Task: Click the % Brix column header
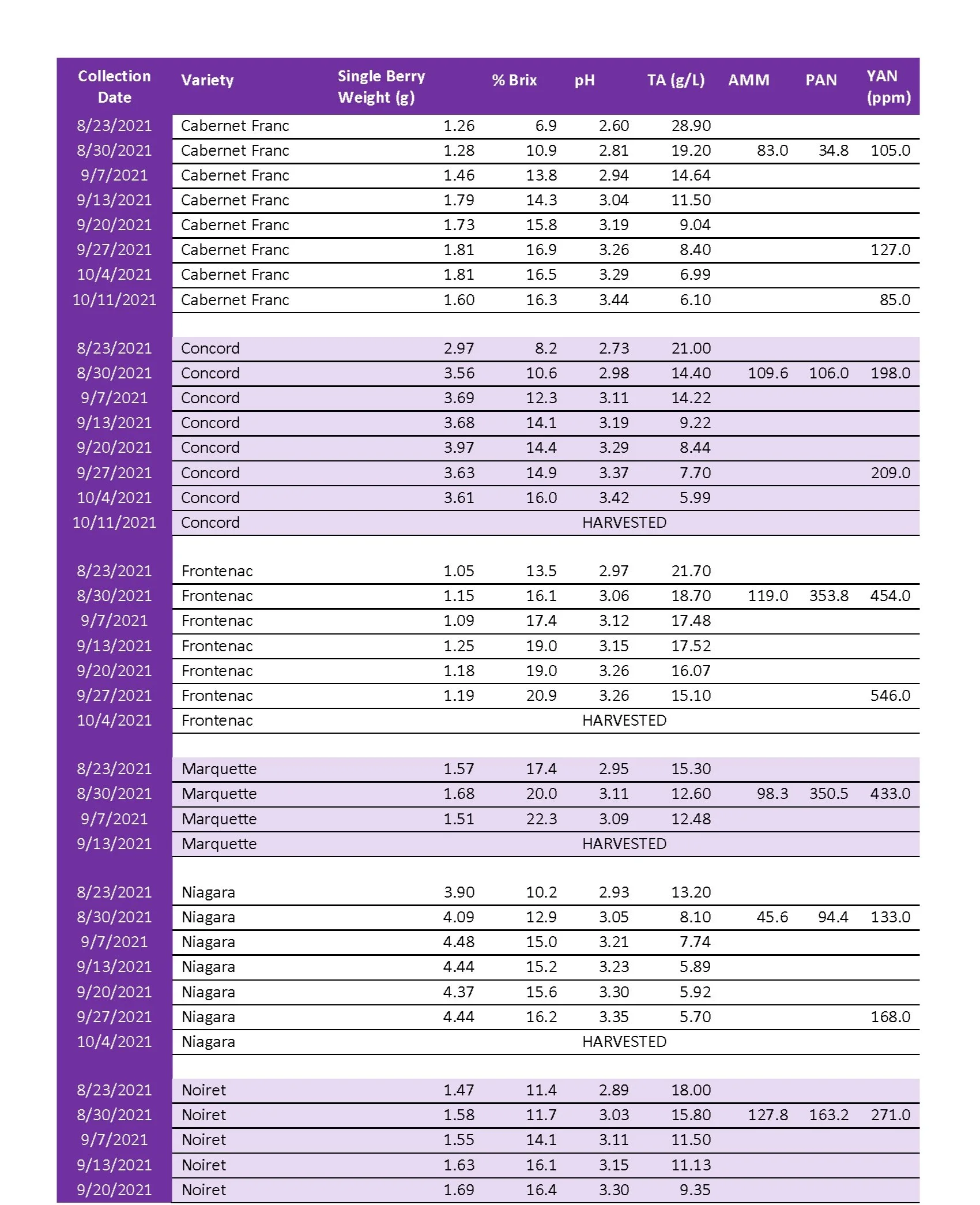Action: point(514,80)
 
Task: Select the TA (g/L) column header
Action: point(676,80)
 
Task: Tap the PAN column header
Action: point(821,80)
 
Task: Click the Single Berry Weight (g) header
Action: point(380,87)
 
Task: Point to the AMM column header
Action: point(748,80)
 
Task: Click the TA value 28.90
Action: point(691,126)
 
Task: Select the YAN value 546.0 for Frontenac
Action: point(890,696)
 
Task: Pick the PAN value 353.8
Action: point(828,596)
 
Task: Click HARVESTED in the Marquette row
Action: point(624,844)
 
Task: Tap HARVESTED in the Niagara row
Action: point(624,1042)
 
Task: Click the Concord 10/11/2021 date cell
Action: point(114,523)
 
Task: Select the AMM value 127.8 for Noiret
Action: point(767,1115)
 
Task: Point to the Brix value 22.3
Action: point(541,819)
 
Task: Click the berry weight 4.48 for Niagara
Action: point(459,942)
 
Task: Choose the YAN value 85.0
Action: point(895,300)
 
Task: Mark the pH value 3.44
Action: point(613,300)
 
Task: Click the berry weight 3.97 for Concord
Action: point(459,448)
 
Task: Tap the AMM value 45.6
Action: point(772,917)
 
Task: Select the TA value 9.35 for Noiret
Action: point(695,1190)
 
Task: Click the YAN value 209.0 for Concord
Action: point(890,473)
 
